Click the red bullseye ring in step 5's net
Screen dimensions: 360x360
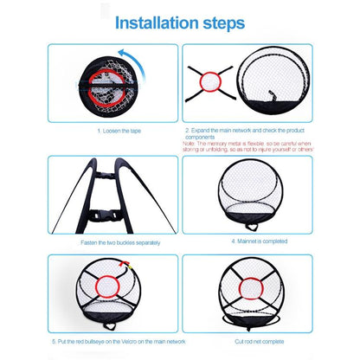click(90, 286)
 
